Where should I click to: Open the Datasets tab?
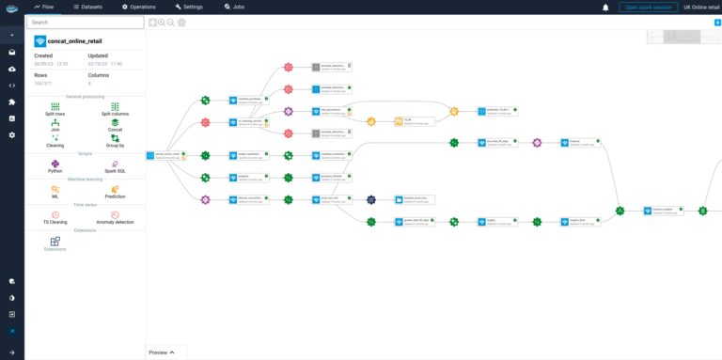88,7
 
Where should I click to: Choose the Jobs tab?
234,7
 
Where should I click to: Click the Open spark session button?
648,7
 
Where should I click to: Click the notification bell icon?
605,7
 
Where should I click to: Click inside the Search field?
84,22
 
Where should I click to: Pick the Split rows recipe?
55,109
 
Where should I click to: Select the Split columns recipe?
115,109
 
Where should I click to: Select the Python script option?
55,165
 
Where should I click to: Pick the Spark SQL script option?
115,165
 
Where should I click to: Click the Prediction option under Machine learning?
115,192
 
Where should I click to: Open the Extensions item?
55,243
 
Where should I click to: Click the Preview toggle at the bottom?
163,352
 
